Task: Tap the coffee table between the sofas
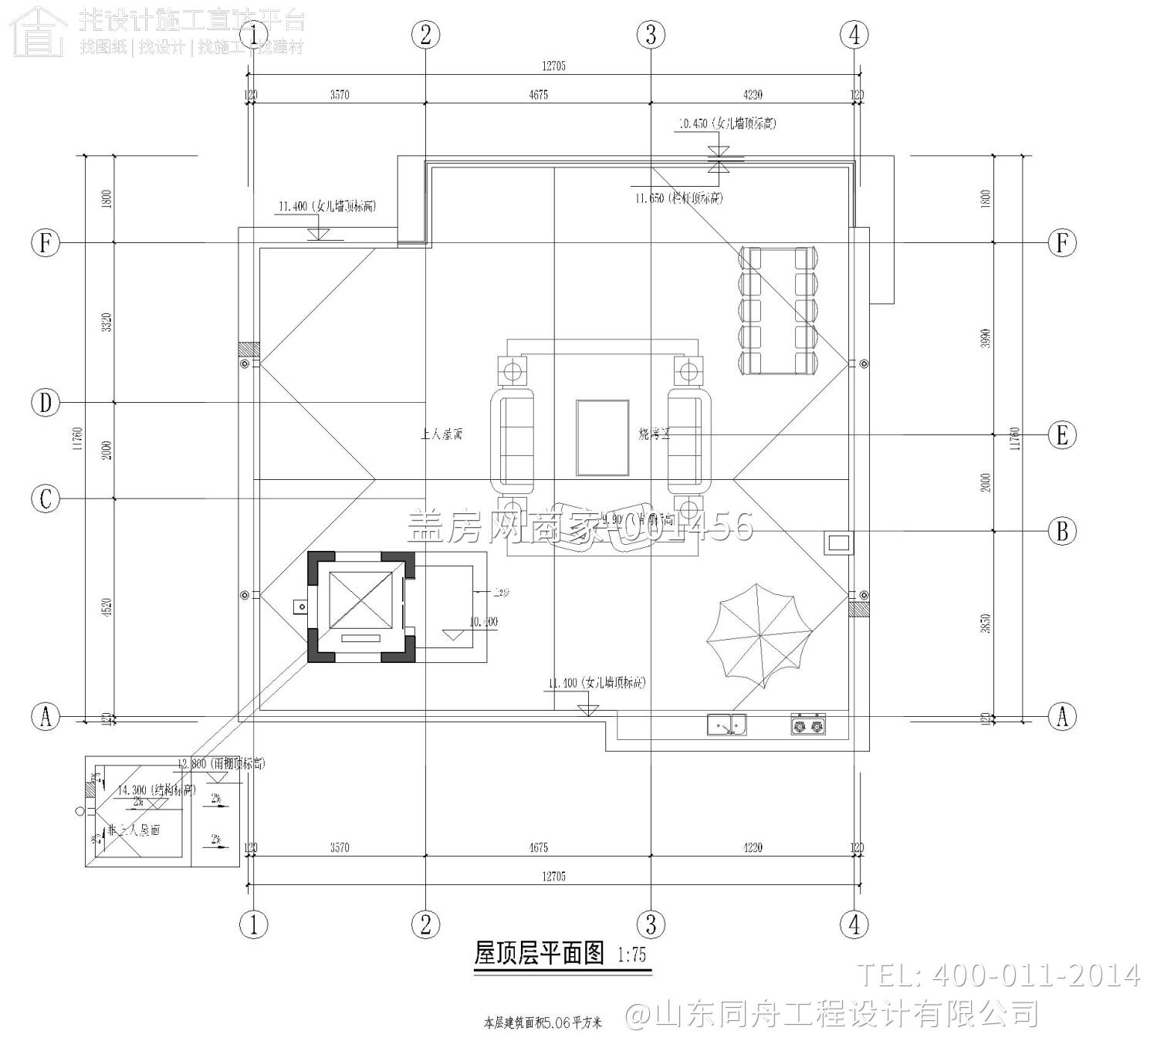pos(602,438)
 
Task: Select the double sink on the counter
pos(726,725)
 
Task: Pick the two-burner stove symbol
pos(807,725)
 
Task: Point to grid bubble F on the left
pos(46,243)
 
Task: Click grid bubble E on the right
pos(1062,435)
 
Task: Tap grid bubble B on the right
pos(1062,531)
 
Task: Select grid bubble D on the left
pos(46,403)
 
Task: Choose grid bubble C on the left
pos(46,498)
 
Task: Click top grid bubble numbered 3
pos(651,34)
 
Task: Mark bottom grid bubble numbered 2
pos(425,924)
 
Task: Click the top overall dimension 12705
pos(553,66)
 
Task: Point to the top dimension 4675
pos(538,95)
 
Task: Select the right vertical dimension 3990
pos(986,338)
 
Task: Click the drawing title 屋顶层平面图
pos(539,954)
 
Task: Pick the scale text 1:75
pos(632,955)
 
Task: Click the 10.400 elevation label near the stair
pos(484,621)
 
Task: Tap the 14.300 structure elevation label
pos(157,790)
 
